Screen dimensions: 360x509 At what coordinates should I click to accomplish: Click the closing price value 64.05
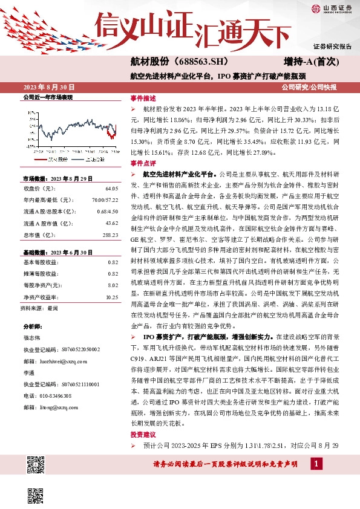pyautogui.click(x=111, y=189)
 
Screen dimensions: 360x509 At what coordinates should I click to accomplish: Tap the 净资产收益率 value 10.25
pyautogui.click(x=111, y=298)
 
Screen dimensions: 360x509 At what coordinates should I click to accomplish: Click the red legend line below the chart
pyautogui.click(x=39, y=159)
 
